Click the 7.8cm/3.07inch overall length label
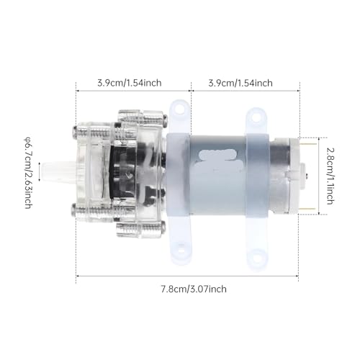tap(194, 289)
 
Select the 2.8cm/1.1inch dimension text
tap(330, 176)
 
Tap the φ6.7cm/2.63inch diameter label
tap(28, 173)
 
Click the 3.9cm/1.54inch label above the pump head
tap(130, 83)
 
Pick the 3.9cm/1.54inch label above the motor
tap(240, 83)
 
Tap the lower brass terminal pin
tap(307, 209)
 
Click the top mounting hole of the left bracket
tap(179, 109)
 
